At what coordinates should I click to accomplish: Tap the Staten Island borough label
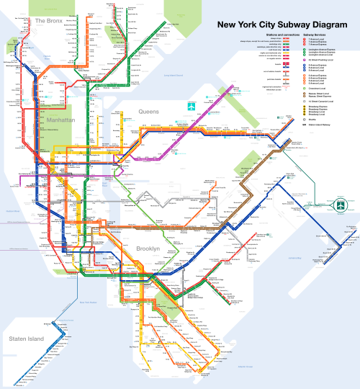coord(26,339)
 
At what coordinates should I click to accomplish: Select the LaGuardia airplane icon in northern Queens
coord(192,108)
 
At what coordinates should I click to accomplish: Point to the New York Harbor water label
coord(86,303)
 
